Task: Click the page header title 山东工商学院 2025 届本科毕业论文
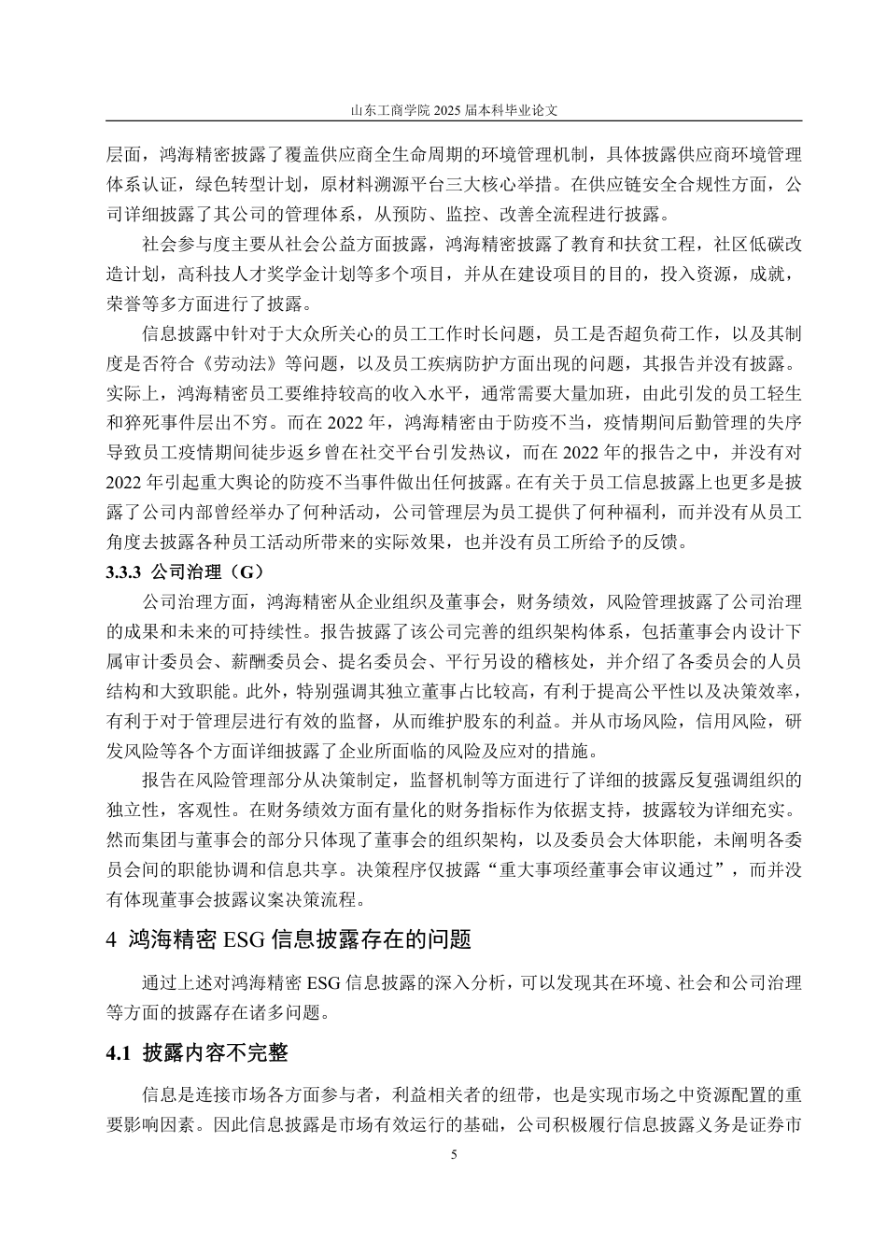454,109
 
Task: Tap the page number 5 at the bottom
454,1154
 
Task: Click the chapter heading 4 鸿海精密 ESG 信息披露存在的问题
290,938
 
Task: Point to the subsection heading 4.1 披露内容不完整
198,1054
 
